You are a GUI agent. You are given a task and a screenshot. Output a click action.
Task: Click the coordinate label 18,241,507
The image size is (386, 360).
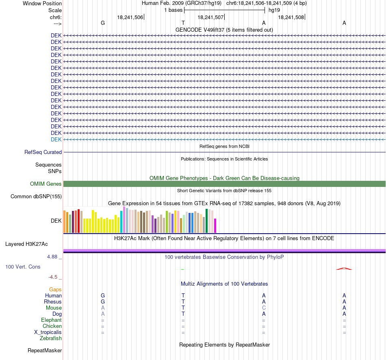(x=210, y=17)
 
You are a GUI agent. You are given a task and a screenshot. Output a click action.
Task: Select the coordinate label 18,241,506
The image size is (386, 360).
(x=130, y=17)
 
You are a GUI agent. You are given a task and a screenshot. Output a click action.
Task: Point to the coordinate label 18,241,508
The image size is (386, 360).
(x=291, y=17)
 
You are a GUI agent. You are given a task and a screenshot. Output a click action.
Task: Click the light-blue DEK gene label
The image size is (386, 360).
(x=56, y=140)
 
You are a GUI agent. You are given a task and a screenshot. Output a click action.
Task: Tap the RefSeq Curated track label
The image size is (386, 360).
(x=43, y=152)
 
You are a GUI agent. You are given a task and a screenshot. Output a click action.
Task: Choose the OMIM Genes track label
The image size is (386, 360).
(x=46, y=184)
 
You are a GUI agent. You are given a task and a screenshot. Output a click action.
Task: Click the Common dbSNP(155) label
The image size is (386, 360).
(x=36, y=197)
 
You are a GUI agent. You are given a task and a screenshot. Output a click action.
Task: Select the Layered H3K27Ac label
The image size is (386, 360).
(x=26, y=244)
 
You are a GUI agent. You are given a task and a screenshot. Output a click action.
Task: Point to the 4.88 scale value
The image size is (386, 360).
(x=52, y=257)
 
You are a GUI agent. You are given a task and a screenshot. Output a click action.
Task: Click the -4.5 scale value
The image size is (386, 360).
(x=53, y=277)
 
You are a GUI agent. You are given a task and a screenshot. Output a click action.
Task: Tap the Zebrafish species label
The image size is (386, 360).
(x=51, y=338)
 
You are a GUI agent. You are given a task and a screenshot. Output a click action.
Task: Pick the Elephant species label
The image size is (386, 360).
(x=52, y=320)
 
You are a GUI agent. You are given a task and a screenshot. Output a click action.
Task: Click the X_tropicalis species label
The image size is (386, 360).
(x=48, y=332)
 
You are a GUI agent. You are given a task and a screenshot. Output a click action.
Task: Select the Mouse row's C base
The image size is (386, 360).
(x=264, y=308)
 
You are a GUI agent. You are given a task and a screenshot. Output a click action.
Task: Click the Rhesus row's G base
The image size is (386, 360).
(x=103, y=301)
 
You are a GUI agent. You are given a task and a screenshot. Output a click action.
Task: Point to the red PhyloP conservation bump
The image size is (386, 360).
(x=344, y=269)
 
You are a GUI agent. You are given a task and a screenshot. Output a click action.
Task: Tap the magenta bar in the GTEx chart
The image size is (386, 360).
(x=215, y=226)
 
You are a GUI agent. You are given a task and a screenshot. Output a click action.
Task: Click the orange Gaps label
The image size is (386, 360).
(x=55, y=290)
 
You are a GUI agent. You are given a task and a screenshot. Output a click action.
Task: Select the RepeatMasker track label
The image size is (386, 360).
(x=45, y=350)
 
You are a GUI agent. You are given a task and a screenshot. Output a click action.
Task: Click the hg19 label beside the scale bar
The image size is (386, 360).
(x=274, y=10)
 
